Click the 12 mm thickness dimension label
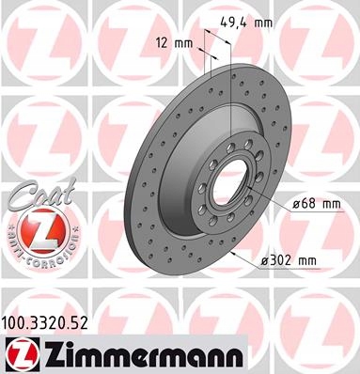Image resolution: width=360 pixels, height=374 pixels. (x=173, y=42)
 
